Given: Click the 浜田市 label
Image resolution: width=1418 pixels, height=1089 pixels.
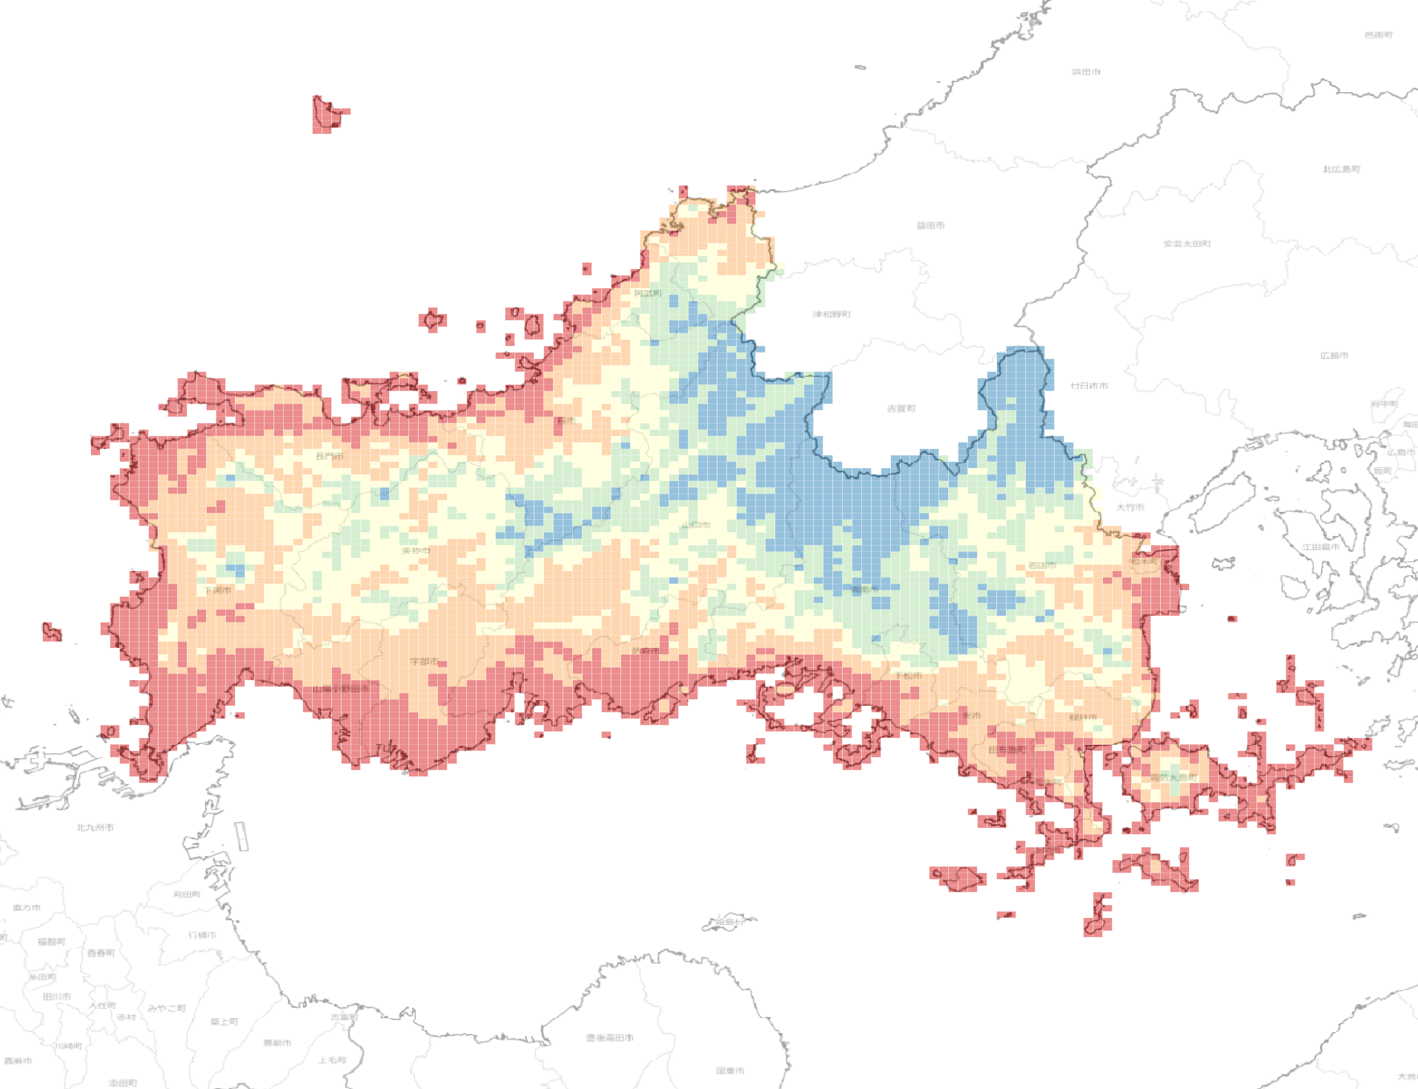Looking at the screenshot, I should coord(1086,72).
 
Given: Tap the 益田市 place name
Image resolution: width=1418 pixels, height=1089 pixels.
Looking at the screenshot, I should coord(930,226).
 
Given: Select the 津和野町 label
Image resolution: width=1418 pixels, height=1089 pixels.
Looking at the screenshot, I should coord(832,314).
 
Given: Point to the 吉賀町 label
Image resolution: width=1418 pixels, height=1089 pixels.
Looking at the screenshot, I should coord(901,409).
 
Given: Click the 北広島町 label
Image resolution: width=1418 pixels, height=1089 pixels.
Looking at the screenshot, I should coord(1341,169).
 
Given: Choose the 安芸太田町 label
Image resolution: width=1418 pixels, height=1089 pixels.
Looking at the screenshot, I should coord(1187,244).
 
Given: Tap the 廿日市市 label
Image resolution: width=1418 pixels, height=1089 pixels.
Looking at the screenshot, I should coord(1089,386).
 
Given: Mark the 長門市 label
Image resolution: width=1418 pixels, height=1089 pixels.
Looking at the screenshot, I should coord(329,456).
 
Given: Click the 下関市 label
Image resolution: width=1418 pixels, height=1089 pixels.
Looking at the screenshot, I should coord(217,590).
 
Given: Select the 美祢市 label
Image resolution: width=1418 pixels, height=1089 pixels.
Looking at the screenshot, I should coord(415,551).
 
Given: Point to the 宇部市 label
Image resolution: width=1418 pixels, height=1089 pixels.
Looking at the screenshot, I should coord(424,661).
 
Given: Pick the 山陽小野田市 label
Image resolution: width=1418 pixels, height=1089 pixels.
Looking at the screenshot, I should coord(341,689).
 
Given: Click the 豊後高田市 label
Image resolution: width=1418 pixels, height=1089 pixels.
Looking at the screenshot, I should coord(609,1038).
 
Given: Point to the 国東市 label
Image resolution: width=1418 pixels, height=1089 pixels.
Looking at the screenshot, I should coord(730,1071).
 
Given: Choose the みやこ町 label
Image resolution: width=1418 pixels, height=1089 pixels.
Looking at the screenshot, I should coord(166,1009).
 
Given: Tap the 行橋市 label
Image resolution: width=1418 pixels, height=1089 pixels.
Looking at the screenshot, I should coord(202,935).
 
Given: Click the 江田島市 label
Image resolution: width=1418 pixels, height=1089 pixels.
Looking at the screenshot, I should coord(1320,547).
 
